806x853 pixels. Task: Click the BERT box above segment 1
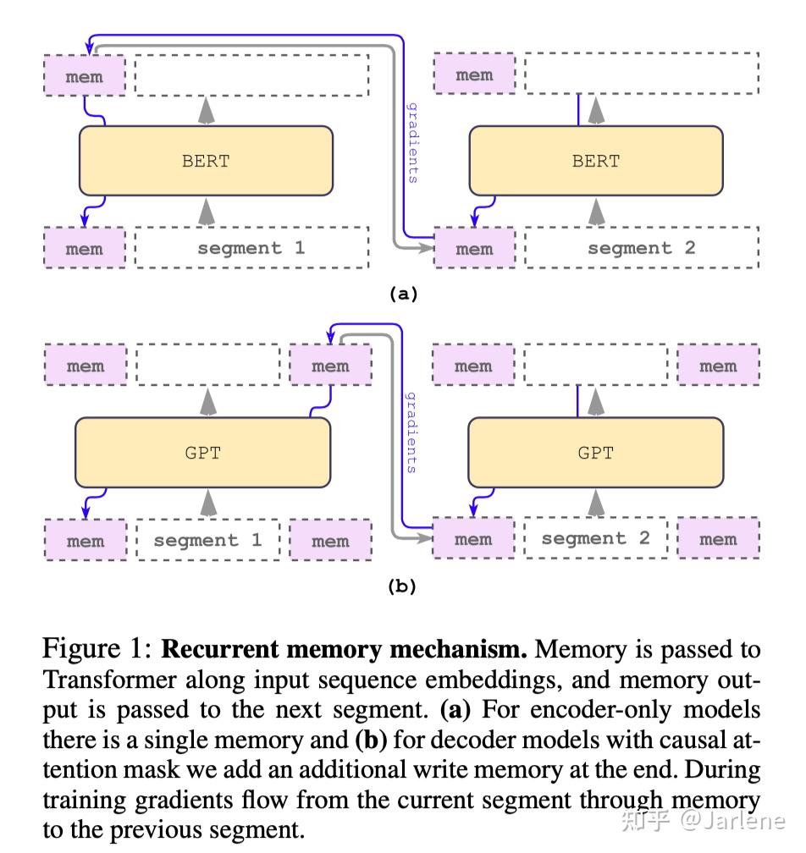(x=206, y=161)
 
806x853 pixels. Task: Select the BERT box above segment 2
(x=596, y=161)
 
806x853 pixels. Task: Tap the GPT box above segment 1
(x=203, y=453)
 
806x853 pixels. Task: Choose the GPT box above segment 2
(x=595, y=453)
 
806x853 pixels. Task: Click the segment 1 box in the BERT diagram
(x=251, y=248)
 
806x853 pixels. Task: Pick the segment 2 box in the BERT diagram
(x=642, y=248)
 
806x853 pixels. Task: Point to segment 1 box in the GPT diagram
(x=207, y=540)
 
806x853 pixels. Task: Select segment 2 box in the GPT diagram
(x=595, y=538)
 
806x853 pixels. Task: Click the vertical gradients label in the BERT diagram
(x=413, y=142)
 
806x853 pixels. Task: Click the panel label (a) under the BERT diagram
(x=402, y=294)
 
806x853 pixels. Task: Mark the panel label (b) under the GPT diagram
(x=402, y=585)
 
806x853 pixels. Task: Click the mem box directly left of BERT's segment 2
(x=474, y=249)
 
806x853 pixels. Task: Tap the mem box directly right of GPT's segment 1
(x=330, y=541)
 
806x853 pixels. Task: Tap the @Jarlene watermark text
(x=735, y=821)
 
